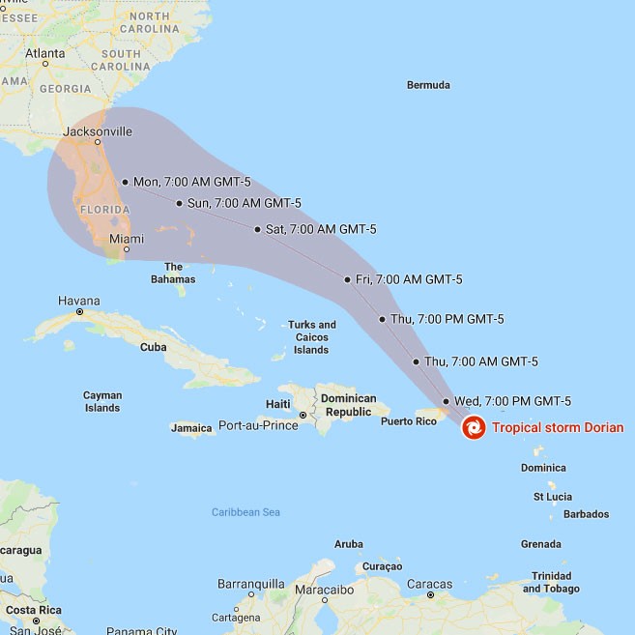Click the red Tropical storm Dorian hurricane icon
click(474, 427)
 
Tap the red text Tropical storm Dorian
click(558, 427)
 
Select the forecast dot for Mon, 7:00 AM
click(125, 182)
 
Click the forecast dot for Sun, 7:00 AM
click(180, 203)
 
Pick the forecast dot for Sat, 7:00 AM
click(257, 229)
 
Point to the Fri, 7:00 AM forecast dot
click(347, 279)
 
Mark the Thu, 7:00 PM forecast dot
click(383, 319)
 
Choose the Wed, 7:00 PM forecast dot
click(446, 401)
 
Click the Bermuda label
click(428, 85)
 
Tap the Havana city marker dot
click(79, 312)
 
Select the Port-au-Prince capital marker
click(303, 416)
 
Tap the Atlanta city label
click(44, 53)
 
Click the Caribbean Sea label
click(245, 512)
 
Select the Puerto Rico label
click(409, 421)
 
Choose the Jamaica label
click(191, 427)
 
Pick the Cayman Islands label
click(101, 401)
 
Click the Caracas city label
click(429, 584)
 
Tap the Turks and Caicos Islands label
click(311, 337)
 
